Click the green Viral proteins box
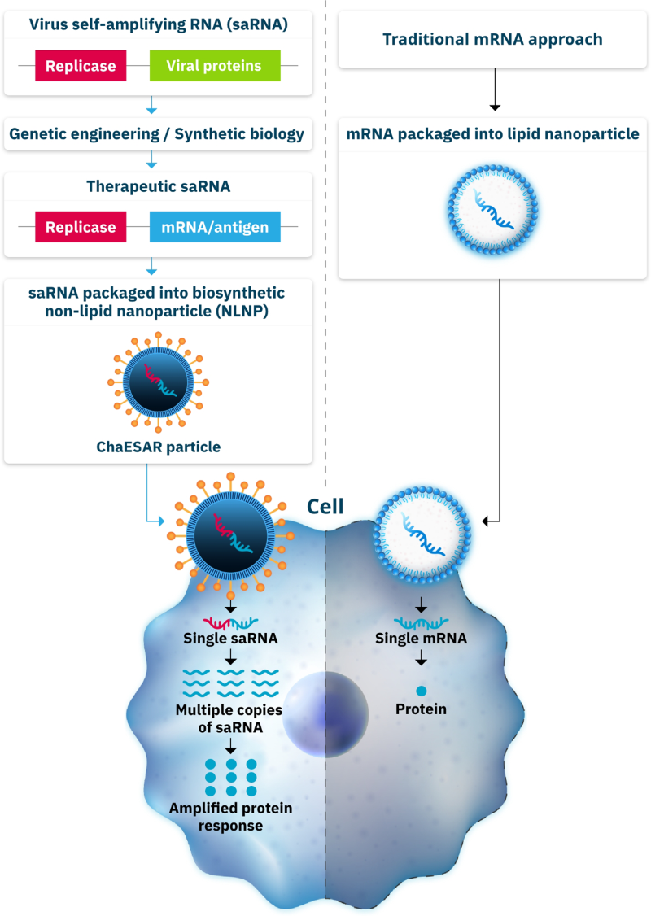[x=215, y=65]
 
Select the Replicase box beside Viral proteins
[x=81, y=65]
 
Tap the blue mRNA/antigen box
[x=215, y=227]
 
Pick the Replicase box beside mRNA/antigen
[x=81, y=227]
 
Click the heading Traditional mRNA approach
[x=492, y=38]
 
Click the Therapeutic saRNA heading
[x=158, y=186]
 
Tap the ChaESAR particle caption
[x=158, y=447]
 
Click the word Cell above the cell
[x=325, y=508]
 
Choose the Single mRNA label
[x=421, y=639]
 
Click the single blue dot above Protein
[x=421, y=691]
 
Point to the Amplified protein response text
[x=230, y=817]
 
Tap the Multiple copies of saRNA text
[x=229, y=718]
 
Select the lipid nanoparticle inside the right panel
[x=492, y=204]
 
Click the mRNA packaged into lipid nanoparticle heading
[x=492, y=134]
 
